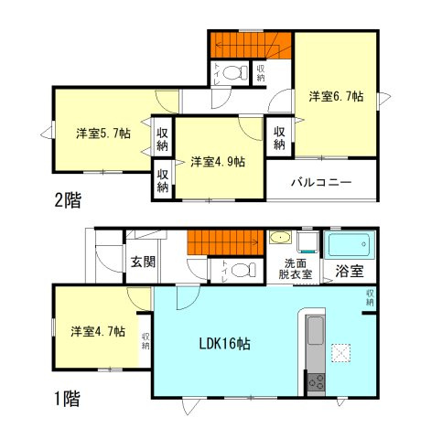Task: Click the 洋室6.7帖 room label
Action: (336, 96)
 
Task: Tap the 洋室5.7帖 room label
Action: (102, 134)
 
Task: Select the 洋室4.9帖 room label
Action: (217, 162)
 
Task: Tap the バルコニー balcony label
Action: (321, 181)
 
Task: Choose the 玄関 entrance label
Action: (142, 262)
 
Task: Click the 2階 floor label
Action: (65, 201)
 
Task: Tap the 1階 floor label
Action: (65, 398)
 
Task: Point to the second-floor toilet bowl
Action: (233, 72)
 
